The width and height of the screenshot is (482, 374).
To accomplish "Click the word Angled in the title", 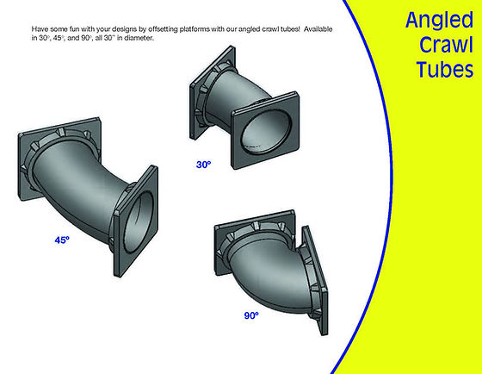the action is point(439,22).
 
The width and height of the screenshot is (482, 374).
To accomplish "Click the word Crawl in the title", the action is point(446,45).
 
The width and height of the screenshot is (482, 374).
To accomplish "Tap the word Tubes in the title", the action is point(444,69).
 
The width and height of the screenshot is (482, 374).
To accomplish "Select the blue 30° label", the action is point(203,165).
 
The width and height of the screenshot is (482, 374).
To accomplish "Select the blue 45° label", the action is point(62,240).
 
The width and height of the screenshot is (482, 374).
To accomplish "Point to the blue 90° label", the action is point(251,315).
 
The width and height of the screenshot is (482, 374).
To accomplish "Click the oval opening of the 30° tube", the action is point(266,130).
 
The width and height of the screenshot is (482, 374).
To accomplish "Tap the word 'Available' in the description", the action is point(318,29).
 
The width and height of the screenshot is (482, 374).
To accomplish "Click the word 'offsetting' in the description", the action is point(163,29).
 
